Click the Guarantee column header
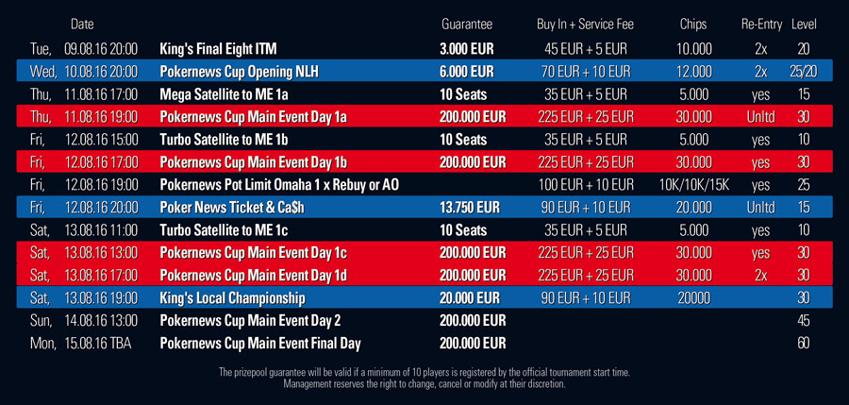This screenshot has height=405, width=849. tap(467, 25)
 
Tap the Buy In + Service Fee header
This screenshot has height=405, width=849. tap(585, 25)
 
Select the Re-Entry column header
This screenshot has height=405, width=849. tap(762, 25)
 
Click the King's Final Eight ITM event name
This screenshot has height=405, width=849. tap(218, 49)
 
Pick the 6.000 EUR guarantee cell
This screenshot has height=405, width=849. tap(467, 72)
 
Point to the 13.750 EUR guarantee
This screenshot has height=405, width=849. tap(470, 208)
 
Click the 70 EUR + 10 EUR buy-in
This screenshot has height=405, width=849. tap(585, 72)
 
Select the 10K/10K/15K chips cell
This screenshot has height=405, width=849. tap(694, 185)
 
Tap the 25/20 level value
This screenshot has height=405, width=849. tap(804, 72)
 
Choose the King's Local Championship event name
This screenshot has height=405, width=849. tap(232, 298)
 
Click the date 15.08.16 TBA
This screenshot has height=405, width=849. tap(97, 344)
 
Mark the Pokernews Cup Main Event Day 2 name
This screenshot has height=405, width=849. tap(250, 320)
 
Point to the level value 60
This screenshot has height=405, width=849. tap(804, 344)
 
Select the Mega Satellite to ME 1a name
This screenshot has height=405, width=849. tap(224, 95)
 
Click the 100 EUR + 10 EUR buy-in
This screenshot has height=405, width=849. tap(585, 185)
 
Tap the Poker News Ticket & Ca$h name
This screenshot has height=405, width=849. tap(232, 208)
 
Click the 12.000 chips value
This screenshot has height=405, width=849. tap(693, 72)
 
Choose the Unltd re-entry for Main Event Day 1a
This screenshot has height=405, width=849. tap(760, 117)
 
